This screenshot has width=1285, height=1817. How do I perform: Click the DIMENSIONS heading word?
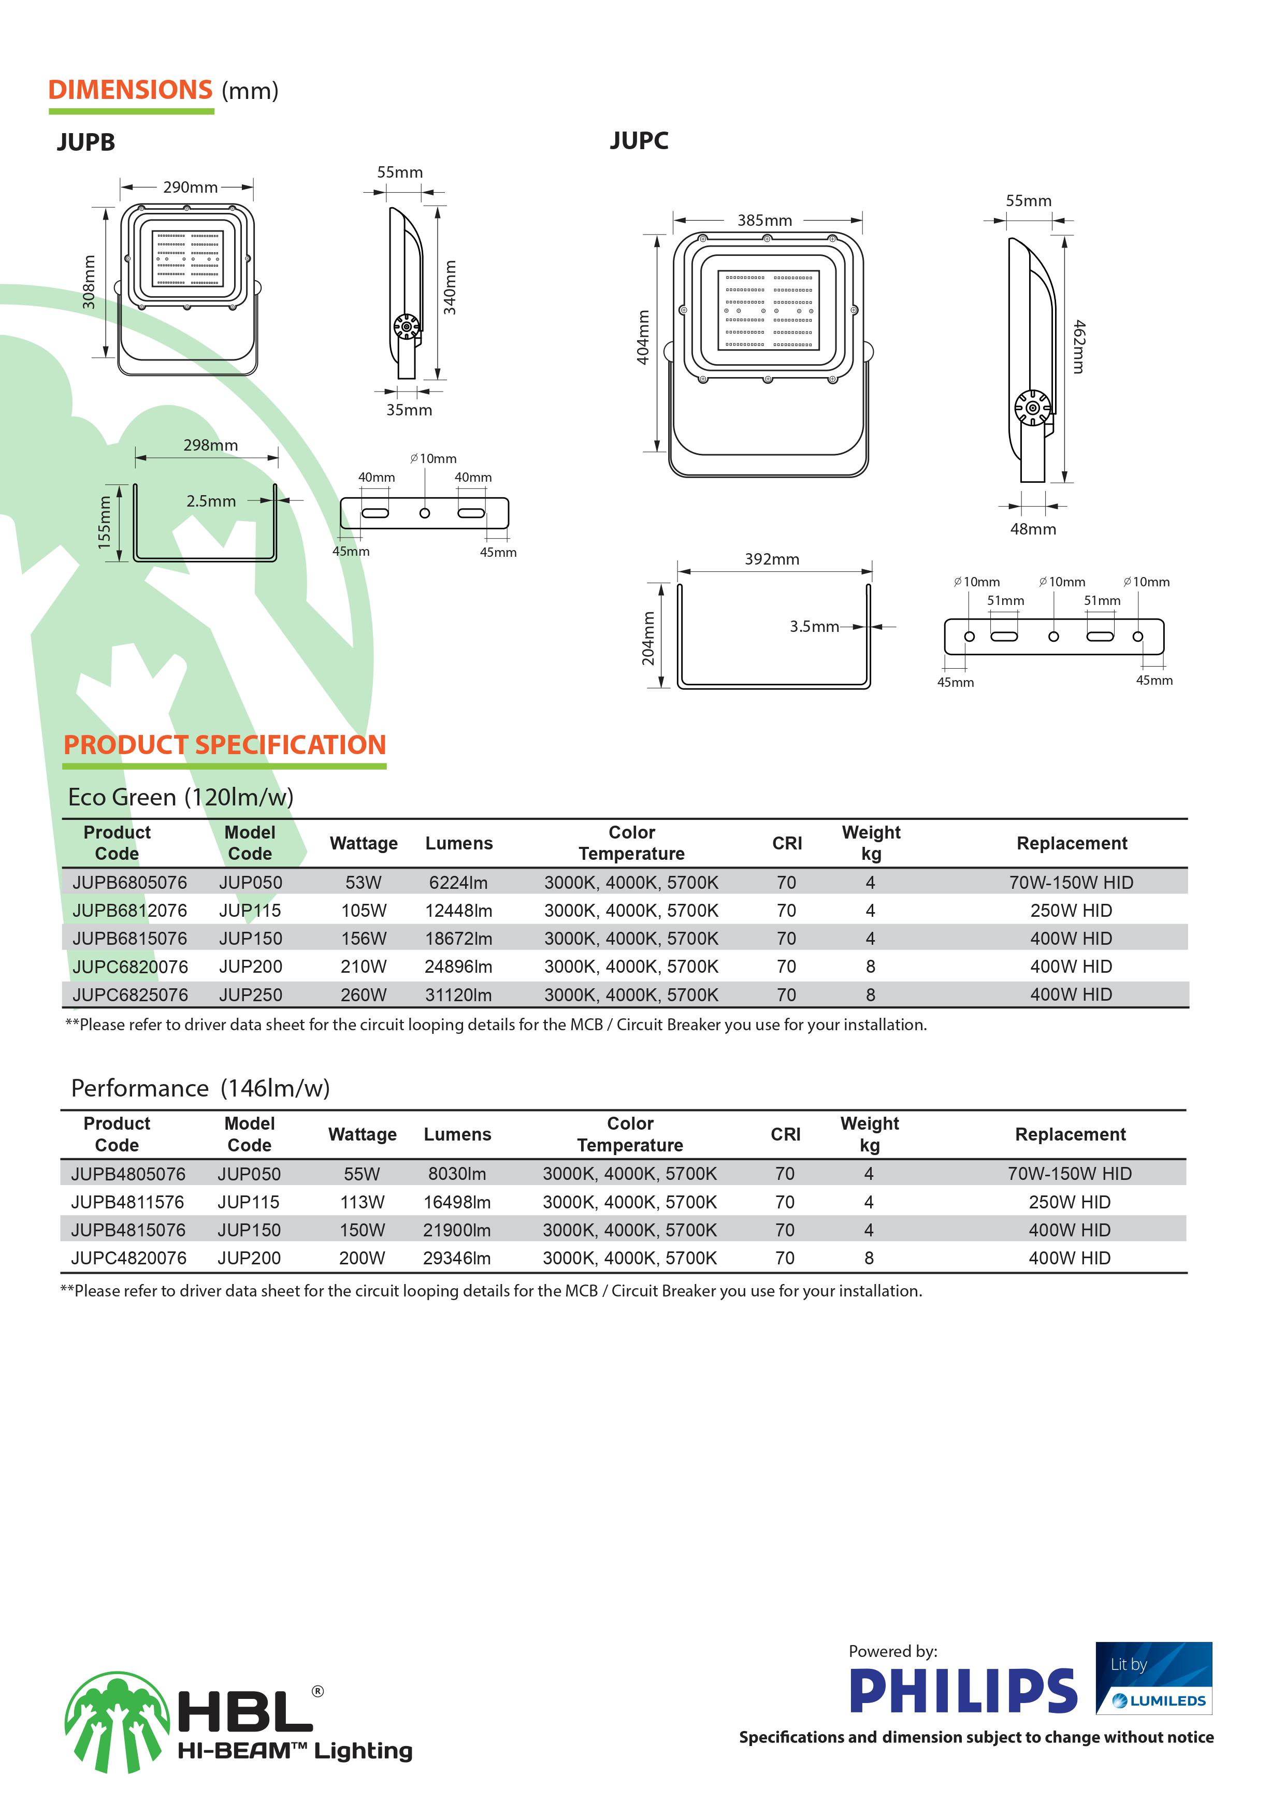[x=131, y=90]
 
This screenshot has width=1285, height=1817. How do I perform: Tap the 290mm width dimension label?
[x=190, y=188]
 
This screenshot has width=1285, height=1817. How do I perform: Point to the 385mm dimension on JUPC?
[x=764, y=221]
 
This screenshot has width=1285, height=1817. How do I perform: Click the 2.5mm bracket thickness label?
[x=211, y=501]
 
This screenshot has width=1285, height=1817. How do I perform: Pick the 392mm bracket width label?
[x=772, y=559]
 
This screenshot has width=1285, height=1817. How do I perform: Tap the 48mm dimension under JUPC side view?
[x=1033, y=529]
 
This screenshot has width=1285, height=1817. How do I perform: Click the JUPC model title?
[x=639, y=141]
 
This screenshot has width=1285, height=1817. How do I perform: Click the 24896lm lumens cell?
[x=458, y=967]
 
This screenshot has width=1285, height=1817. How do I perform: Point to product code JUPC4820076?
[x=128, y=1258]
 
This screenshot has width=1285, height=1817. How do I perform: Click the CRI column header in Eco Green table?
[x=787, y=844]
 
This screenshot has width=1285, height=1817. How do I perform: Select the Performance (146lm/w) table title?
[x=200, y=1088]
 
